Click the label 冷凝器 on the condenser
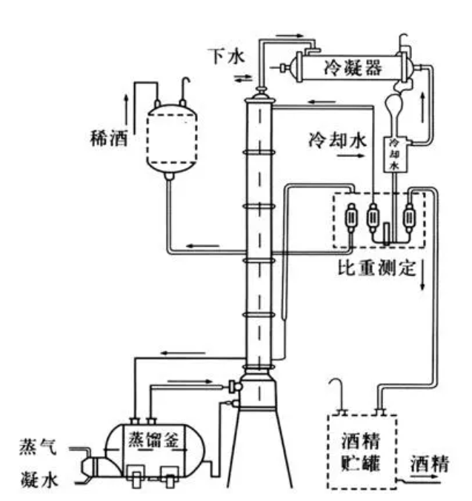[352, 68]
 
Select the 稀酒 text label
[107, 138]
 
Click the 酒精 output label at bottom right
[428, 464]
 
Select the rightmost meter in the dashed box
[407, 219]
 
